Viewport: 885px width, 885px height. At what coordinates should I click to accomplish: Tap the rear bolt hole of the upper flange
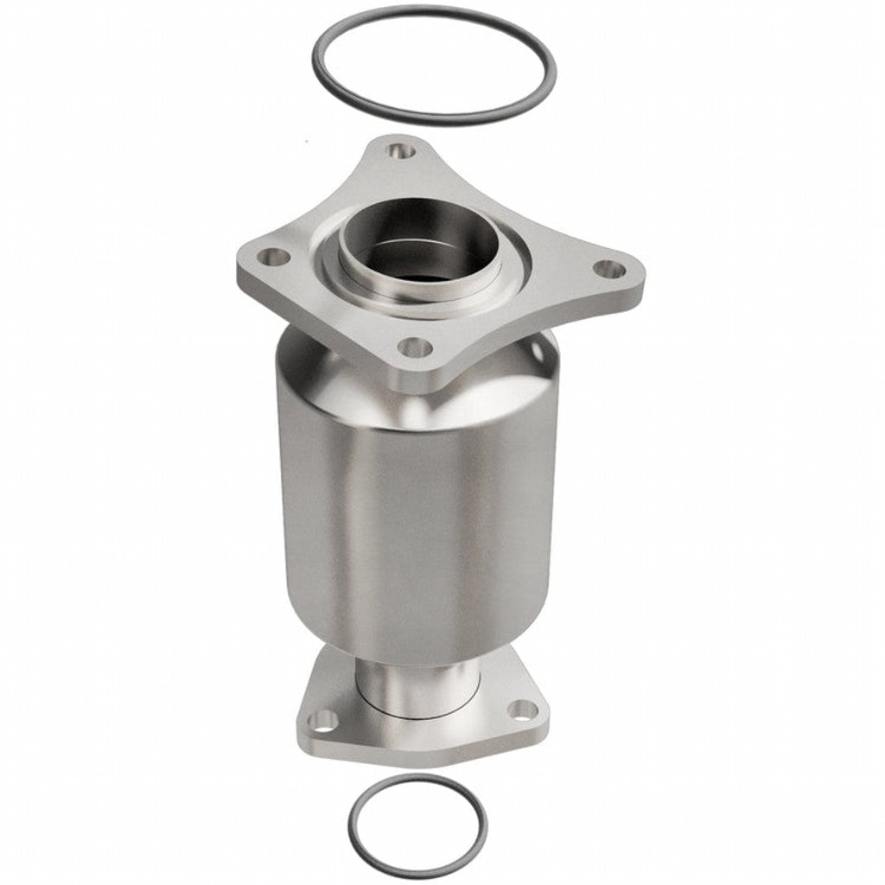pyautogui.click(x=398, y=151)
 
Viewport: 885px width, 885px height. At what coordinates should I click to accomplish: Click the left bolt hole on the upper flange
pyautogui.click(x=275, y=256)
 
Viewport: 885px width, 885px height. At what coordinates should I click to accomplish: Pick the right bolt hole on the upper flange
pyautogui.click(x=611, y=270)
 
